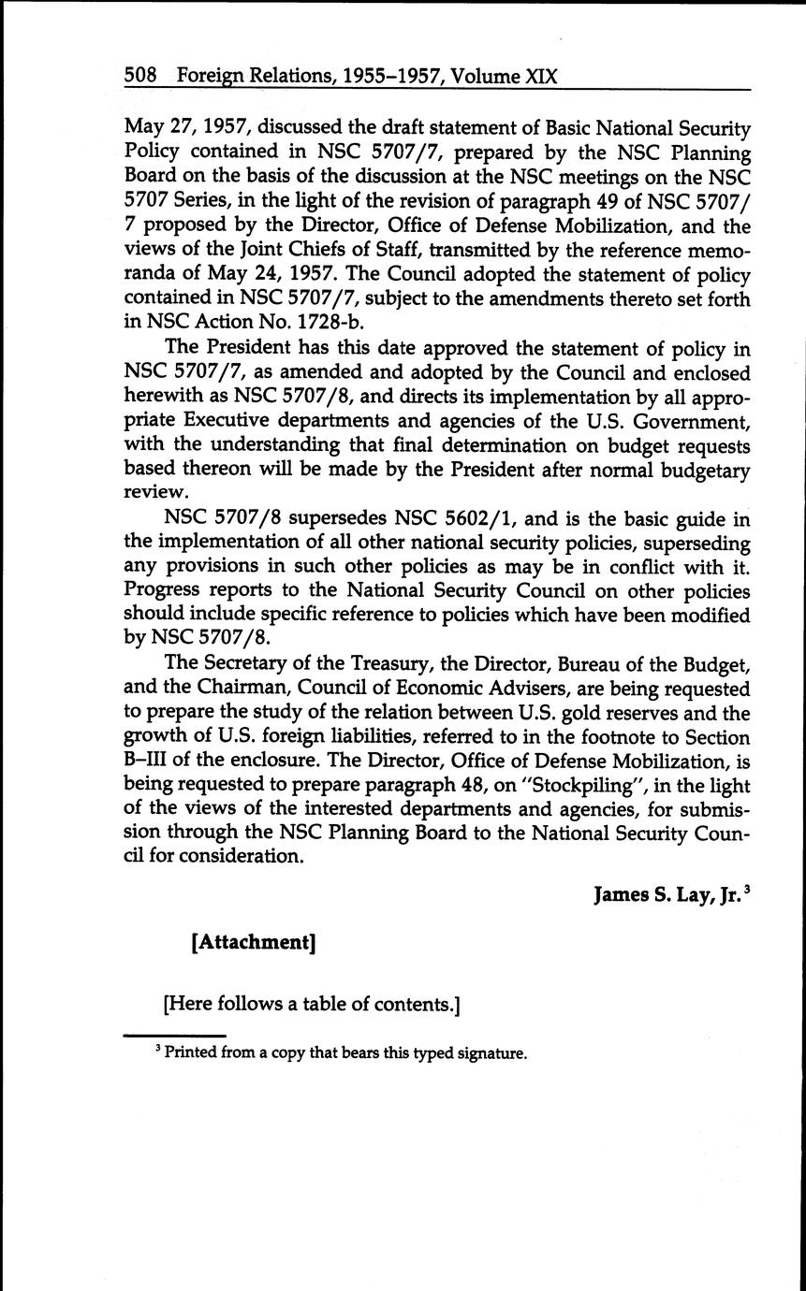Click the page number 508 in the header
pos(140,75)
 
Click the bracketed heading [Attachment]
pos(252,942)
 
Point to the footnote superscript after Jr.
pos(746,890)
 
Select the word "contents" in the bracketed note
pos(412,1005)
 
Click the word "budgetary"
pos(703,470)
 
